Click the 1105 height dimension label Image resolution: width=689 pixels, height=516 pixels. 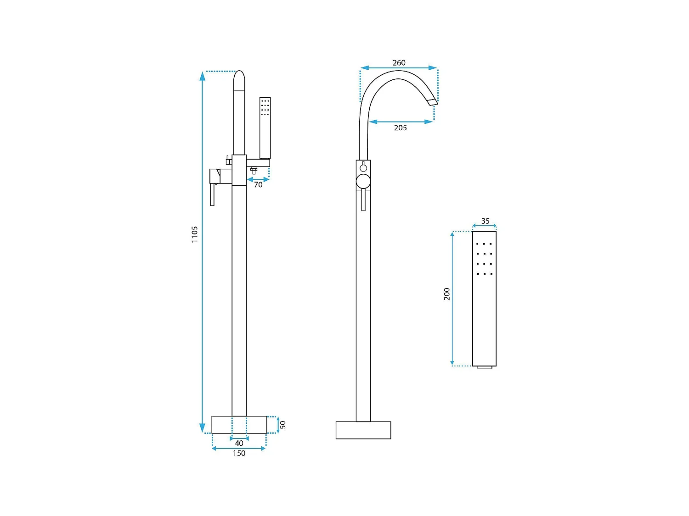tap(195, 234)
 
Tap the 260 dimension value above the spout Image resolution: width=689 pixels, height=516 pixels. tap(399, 63)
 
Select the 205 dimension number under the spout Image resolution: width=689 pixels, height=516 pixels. tap(400, 128)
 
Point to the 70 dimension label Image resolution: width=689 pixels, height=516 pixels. tap(258, 184)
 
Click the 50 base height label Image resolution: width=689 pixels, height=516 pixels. tap(282, 425)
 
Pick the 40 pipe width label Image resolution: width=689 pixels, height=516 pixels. tap(239, 443)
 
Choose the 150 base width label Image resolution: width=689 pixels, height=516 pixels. tap(239, 453)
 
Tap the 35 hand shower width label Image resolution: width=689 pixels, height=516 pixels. tap(485, 221)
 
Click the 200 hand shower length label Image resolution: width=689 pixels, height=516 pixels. tap(446, 294)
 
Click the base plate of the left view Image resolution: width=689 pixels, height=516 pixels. tap(239, 425)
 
